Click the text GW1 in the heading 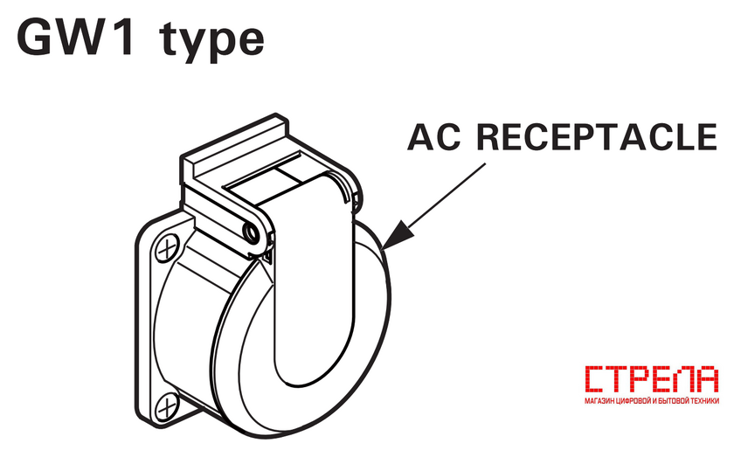coord(75,37)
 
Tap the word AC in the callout coord(434,136)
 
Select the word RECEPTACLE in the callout coord(597,136)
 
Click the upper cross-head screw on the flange coord(167,249)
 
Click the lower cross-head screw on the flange coord(167,405)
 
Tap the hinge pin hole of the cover coord(252,232)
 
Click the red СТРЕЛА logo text coord(652,379)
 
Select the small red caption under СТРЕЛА coord(652,401)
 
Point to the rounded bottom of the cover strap coord(311,370)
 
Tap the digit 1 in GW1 coord(121,38)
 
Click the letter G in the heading coord(35,38)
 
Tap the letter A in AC coord(421,136)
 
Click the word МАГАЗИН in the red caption coord(599,401)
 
